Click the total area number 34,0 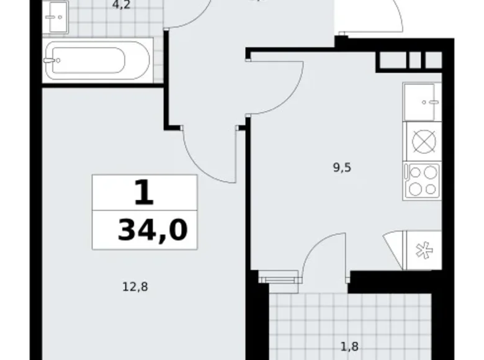click(x=152, y=231)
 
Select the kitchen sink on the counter click(x=422, y=102)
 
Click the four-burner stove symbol click(x=422, y=181)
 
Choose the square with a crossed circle click(x=423, y=141)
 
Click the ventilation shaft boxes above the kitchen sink click(x=410, y=60)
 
